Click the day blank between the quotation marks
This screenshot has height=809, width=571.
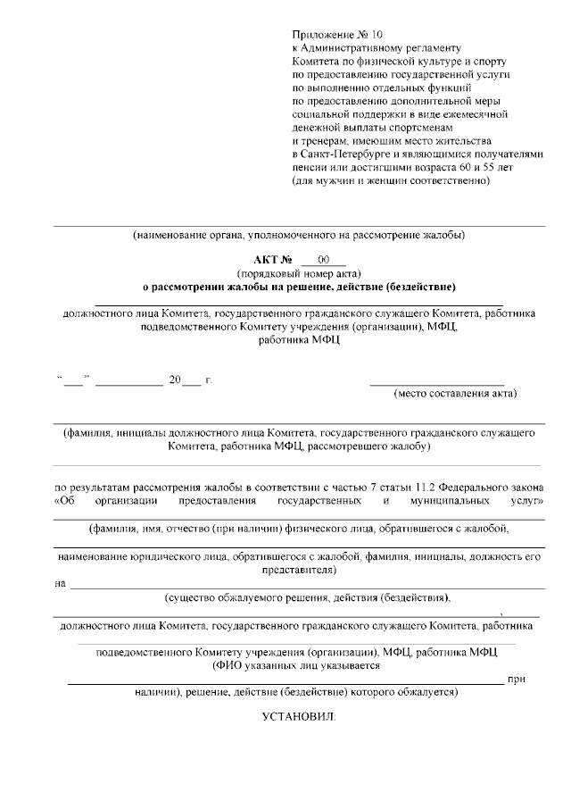tap(73, 380)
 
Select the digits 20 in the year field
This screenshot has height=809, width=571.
tap(175, 380)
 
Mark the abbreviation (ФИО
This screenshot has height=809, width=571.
tap(228, 664)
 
